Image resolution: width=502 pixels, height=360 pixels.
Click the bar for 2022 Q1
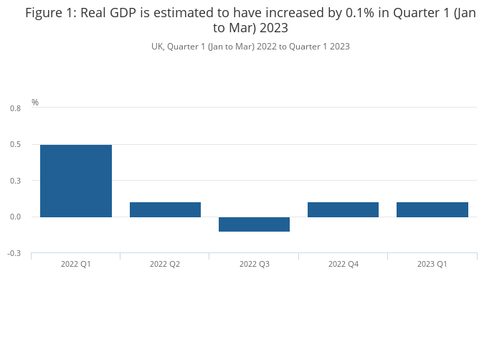tap(76, 181)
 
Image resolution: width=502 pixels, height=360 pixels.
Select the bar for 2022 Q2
tap(165, 210)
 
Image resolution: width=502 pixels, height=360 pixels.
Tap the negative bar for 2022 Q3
tap(254, 224)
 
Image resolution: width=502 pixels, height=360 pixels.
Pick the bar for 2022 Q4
tap(344, 210)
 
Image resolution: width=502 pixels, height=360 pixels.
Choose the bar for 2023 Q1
tap(432, 210)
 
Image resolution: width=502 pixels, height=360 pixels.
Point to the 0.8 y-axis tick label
tap(15, 108)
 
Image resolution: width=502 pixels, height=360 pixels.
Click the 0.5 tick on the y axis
tap(15, 144)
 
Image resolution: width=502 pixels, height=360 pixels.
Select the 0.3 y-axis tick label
tap(15, 181)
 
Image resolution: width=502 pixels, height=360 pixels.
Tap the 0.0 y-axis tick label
tap(15, 217)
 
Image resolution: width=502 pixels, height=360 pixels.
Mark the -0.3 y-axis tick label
tap(14, 253)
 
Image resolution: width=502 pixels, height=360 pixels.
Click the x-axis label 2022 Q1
tap(76, 264)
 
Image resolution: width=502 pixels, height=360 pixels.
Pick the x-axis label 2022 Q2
tap(165, 264)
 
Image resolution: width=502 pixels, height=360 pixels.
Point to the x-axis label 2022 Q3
tap(255, 264)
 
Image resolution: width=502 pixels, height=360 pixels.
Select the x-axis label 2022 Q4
tap(344, 264)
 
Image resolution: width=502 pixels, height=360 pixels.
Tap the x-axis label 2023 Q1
tap(432, 264)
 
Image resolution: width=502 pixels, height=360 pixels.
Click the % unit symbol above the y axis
tap(35, 103)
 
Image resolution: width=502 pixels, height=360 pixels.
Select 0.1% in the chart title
tap(360, 13)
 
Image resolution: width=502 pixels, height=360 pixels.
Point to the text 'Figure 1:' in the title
tap(51, 14)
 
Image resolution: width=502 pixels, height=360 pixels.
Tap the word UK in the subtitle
tap(158, 47)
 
